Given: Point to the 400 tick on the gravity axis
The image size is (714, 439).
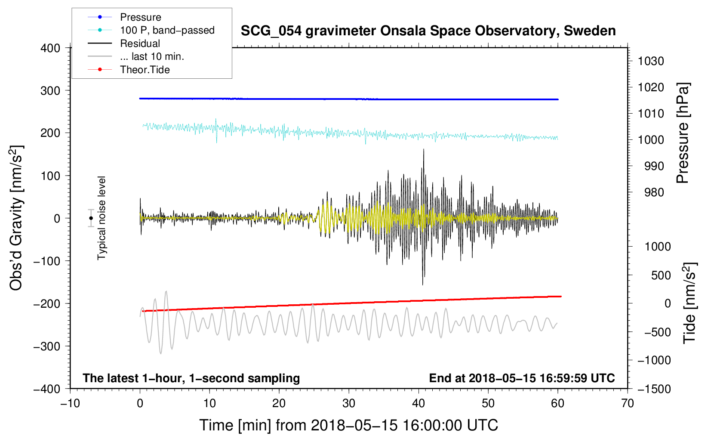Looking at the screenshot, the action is click(x=50, y=48).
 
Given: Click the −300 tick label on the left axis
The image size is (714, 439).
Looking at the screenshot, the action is click(x=47, y=346).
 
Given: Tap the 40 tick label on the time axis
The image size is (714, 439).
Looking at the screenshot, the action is click(x=418, y=404).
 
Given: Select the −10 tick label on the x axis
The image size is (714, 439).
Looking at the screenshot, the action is click(x=70, y=404).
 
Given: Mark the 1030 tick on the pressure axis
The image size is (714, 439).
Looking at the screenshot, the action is click(x=651, y=61).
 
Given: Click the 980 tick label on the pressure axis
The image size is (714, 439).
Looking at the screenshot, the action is click(x=654, y=192).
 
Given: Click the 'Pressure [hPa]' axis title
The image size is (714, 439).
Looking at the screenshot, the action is click(x=683, y=133).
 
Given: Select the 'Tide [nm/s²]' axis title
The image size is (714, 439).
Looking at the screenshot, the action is click(x=690, y=303).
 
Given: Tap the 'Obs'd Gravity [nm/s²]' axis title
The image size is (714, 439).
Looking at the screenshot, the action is click(x=16, y=218).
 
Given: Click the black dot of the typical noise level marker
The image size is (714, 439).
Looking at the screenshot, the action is click(x=91, y=218).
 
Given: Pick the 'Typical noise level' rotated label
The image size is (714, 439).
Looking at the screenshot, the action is click(x=102, y=218).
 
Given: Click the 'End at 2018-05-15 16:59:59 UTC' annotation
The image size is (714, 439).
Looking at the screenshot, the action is click(x=522, y=378).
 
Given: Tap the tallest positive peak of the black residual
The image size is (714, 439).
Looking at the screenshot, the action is click(x=424, y=149).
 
